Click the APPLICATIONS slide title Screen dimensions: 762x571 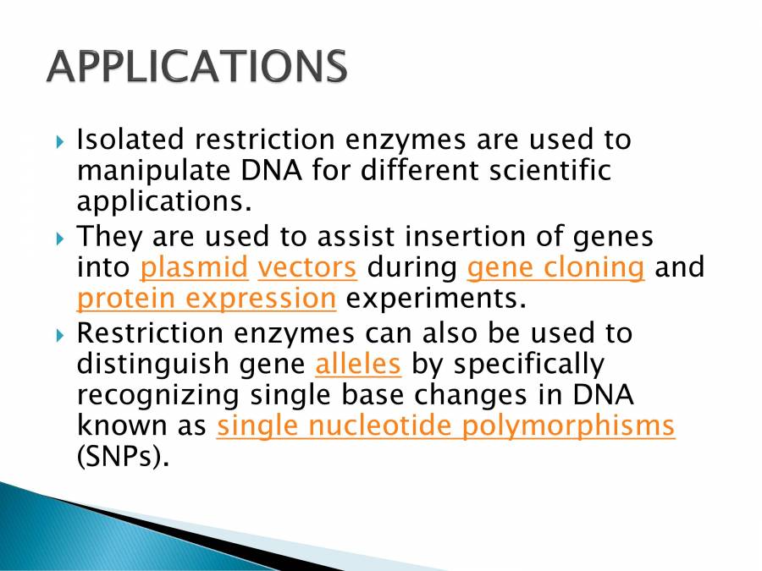[196, 66]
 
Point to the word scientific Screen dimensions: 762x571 [550, 170]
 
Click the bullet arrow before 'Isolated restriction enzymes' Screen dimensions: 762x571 [60, 142]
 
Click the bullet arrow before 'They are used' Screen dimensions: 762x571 [60, 239]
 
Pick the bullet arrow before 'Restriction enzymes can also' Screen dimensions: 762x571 [60, 336]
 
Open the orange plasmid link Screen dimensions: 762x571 [194, 268]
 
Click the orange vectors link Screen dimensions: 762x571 [307, 267]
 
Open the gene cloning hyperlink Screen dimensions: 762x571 [556, 268]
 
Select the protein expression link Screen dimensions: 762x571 [207, 299]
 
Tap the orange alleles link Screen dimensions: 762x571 [358, 364]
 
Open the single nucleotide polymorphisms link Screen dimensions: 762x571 [445, 427]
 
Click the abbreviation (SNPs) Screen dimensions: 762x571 [124, 457]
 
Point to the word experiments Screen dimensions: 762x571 [436, 299]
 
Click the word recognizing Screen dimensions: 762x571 [158, 397]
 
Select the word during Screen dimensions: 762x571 [412, 268]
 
